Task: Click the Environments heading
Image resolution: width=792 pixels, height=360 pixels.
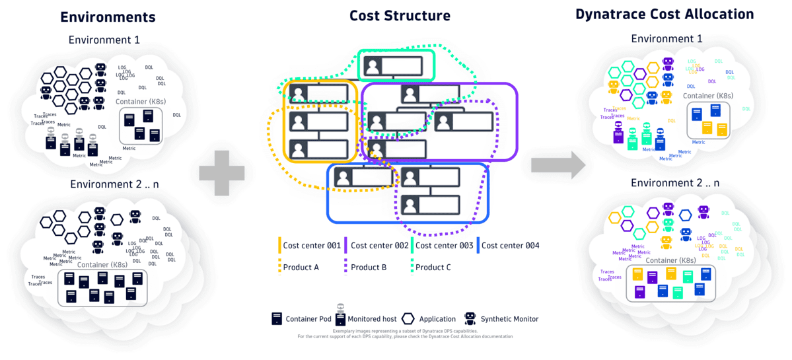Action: click(108, 17)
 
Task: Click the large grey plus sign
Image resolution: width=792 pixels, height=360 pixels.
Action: click(222, 173)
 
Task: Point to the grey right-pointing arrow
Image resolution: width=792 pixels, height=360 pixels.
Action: click(558, 164)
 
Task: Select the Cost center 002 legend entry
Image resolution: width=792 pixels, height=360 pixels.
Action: click(378, 246)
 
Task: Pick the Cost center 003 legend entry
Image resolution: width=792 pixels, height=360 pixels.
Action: click(443, 246)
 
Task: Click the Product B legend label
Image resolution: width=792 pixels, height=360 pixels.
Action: click(368, 268)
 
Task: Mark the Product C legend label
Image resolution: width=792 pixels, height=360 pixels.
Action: click(433, 268)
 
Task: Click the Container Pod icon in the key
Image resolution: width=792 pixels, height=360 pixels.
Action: click(277, 319)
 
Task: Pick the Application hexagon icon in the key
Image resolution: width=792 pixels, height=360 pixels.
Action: click(408, 318)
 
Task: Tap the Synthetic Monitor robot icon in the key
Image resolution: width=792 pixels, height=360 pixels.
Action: click(470, 318)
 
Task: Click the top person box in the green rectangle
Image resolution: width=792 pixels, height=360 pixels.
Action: click(395, 65)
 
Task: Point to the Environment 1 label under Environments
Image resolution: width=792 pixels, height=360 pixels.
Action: click(104, 40)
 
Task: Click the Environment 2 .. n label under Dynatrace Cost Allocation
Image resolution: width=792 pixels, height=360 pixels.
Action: click(674, 183)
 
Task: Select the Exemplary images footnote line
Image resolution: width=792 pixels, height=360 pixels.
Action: click(404, 332)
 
